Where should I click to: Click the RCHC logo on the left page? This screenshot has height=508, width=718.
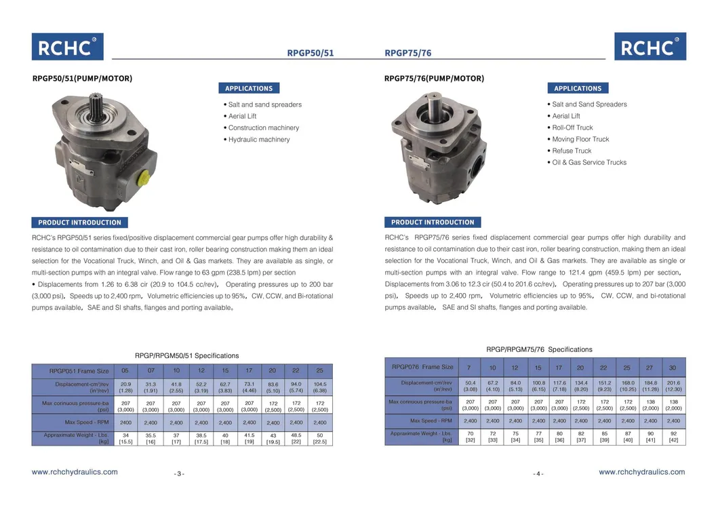[x=67, y=47]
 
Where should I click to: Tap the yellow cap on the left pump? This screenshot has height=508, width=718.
[x=144, y=177]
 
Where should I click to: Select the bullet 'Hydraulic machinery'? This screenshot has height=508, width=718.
[x=258, y=140]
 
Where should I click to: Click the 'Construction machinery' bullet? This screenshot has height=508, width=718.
[x=263, y=128]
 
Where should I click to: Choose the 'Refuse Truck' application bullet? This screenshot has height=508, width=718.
[x=571, y=151]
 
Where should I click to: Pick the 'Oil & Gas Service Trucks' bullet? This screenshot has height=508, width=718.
[x=589, y=163]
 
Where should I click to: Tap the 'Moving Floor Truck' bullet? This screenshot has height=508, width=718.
[x=580, y=140]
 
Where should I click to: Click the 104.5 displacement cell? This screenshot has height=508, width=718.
[x=320, y=387]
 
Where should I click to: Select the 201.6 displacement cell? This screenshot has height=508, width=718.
[x=673, y=386]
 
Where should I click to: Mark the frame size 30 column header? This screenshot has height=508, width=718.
[x=673, y=368]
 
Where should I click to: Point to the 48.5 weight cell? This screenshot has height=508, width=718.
[x=296, y=438]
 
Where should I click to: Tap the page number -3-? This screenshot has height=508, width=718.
[x=179, y=474]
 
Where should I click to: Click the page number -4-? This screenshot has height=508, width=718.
[x=538, y=474]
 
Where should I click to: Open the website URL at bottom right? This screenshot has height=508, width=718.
[x=641, y=472]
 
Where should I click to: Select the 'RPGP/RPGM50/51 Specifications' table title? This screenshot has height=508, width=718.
[x=186, y=355]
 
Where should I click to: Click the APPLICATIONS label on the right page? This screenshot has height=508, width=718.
[x=578, y=88]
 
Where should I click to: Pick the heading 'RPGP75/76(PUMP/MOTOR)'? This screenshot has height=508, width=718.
[x=434, y=79]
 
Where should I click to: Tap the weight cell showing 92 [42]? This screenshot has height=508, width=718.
[x=673, y=437]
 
